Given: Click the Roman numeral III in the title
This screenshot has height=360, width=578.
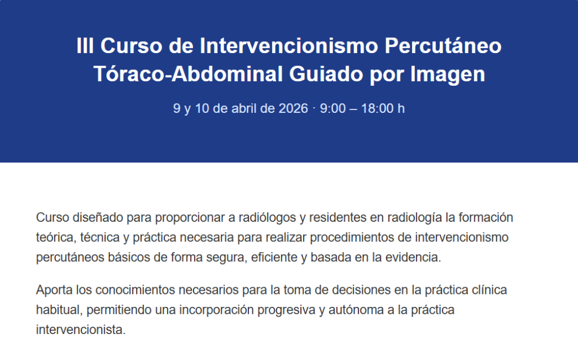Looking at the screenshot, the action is coord(85,46).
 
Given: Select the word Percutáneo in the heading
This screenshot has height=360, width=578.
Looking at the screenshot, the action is coord(443,46).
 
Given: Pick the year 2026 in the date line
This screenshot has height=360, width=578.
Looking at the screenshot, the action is coord(293,108).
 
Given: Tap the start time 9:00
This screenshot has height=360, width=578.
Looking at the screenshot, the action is coord(332,108).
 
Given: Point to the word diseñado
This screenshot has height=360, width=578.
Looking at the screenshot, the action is coord(98,217).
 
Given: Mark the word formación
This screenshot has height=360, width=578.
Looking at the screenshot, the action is coord(486,217).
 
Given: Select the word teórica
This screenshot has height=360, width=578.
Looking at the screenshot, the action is coord(56,238).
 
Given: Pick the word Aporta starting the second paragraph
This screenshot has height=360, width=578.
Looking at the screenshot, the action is coord(55,290).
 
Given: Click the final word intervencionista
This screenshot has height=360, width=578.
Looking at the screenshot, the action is coord(81,330).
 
